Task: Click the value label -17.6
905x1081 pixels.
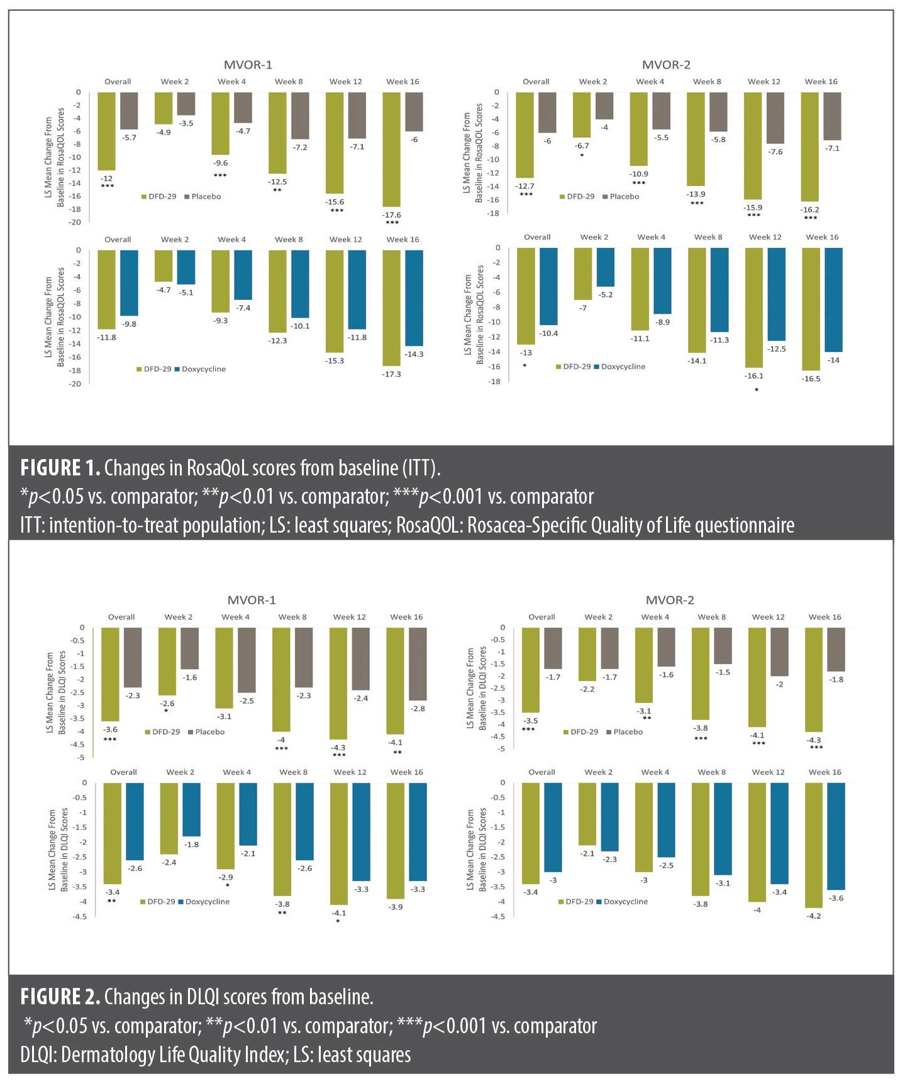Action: pos(392,215)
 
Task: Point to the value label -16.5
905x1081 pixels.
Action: pos(811,379)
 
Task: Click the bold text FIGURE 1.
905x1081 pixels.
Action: pos(60,468)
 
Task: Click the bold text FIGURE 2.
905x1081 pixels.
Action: pos(60,997)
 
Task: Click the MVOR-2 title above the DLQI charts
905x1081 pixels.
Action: pos(670,600)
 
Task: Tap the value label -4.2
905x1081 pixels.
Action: pos(814,916)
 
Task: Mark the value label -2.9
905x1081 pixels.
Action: pos(225,877)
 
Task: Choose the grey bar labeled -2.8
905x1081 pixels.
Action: pos(418,663)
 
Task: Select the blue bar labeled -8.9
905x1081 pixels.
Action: pos(662,280)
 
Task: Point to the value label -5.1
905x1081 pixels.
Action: pos(186,292)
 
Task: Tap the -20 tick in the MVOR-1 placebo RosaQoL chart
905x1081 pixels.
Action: pos(75,222)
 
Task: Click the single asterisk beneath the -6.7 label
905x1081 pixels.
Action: pos(582,155)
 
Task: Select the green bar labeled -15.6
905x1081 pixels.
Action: pos(335,143)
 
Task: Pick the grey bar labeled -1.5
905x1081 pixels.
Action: pos(723,645)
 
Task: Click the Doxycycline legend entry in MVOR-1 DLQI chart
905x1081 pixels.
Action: pos(207,902)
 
